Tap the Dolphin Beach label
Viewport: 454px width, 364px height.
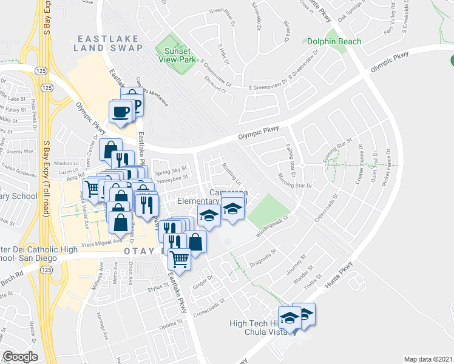pyautogui.click(x=334, y=42)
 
